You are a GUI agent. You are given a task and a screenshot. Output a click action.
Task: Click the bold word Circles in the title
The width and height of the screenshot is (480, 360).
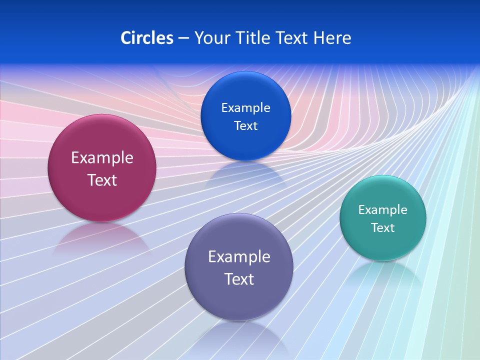147,38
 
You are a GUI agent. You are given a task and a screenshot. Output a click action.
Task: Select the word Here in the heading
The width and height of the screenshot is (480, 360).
332,38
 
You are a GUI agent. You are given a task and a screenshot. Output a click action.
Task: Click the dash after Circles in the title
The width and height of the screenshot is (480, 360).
183,38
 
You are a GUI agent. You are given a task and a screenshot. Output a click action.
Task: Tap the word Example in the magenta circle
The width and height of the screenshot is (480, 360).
102,158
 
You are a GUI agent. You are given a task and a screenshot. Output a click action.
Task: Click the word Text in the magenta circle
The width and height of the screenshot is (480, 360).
102,180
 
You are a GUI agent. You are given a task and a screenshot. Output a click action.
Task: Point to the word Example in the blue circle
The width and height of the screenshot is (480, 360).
245,108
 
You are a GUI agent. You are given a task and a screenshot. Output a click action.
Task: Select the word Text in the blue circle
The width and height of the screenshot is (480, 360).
245,126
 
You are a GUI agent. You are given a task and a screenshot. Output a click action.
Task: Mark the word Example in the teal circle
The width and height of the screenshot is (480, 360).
383,210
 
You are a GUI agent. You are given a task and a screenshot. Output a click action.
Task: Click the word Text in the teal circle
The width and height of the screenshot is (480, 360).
383,228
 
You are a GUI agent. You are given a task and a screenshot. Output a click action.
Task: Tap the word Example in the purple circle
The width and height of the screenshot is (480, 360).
239,257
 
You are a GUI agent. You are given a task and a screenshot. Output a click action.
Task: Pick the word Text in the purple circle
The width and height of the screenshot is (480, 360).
239,279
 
